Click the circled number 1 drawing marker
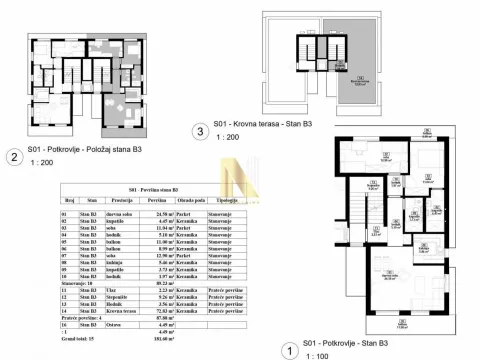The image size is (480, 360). pos(290,350)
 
